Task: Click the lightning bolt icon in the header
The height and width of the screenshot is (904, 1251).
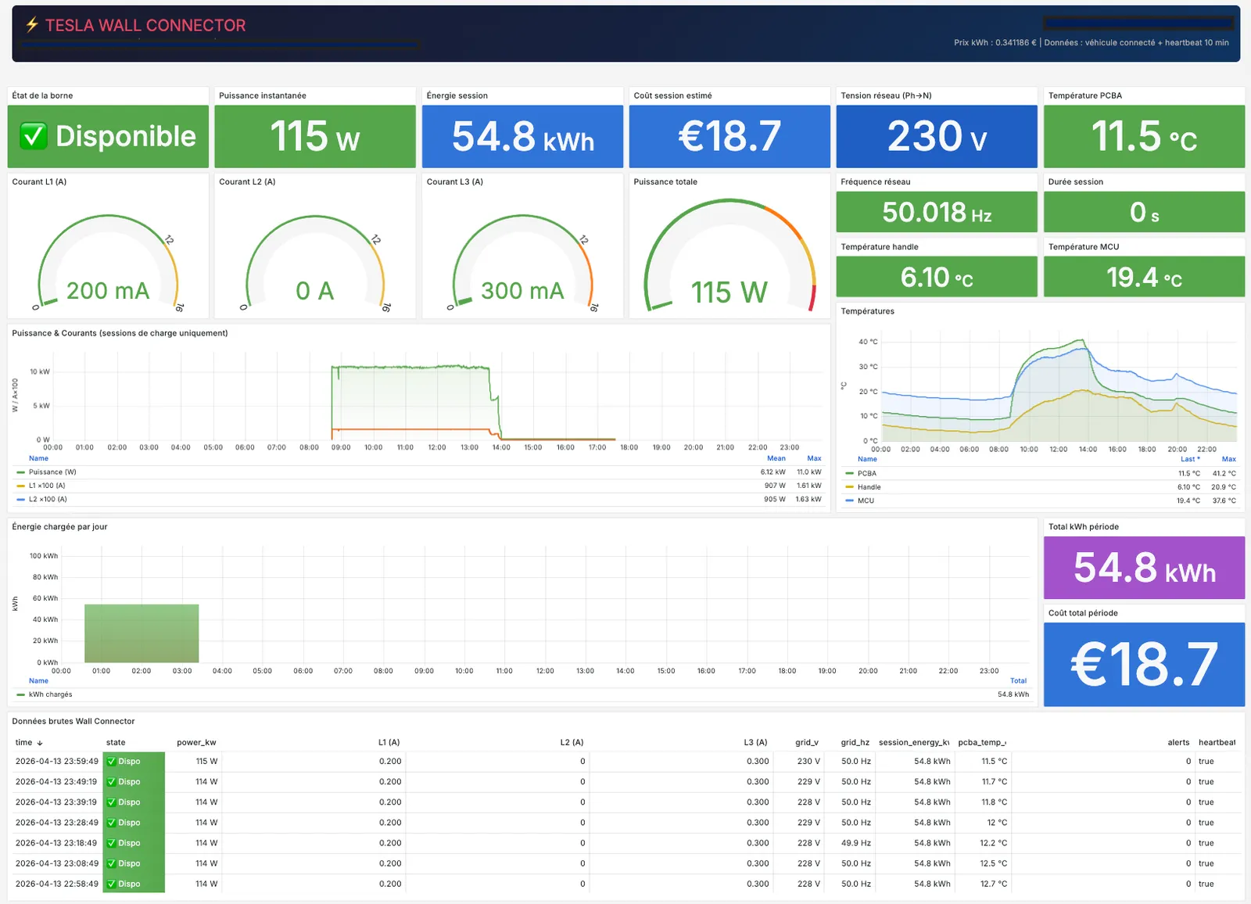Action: pyautogui.click(x=32, y=25)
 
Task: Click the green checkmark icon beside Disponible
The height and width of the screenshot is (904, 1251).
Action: pyautogui.click(x=34, y=136)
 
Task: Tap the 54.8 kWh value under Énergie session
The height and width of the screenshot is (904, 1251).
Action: pyautogui.click(x=522, y=137)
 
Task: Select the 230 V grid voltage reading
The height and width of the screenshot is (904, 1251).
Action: pyautogui.click(x=936, y=137)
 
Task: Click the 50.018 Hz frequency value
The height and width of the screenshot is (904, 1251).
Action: pyautogui.click(x=936, y=212)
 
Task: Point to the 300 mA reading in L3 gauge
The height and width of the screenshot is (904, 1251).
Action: pyautogui.click(x=522, y=291)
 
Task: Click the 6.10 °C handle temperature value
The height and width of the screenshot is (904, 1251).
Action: pyautogui.click(x=936, y=277)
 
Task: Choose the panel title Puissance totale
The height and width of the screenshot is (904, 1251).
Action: pyautogui.click(x=665, y=181)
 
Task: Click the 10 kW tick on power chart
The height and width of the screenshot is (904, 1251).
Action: pyautogui.click(x=40, y=371)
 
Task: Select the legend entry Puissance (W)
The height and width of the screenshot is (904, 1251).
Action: pyautogui.click(x=52, y=472)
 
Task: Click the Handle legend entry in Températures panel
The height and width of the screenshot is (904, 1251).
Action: pyautogui.click(x=869, y=486)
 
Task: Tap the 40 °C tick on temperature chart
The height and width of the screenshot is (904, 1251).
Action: pyautogui.click(x=868, y=342)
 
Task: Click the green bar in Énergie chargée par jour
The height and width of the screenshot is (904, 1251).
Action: pyautogui.click(x=142, y=633)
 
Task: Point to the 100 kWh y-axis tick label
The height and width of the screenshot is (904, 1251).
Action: pyautogui.click(x=44, y=556)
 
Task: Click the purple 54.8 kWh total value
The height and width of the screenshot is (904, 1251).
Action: pyautogui.click(x=1144, y=568)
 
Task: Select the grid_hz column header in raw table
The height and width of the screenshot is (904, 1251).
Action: pyautogui.click(x=855, y=742)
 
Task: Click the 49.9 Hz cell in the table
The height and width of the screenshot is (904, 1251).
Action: pyautogui.click(x=855, y=843)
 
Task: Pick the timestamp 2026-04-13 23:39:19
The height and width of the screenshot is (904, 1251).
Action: pyautogui.click(x=56, y=802)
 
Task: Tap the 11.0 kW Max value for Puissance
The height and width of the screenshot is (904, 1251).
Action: pyautogui.click(x=808, y=472)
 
